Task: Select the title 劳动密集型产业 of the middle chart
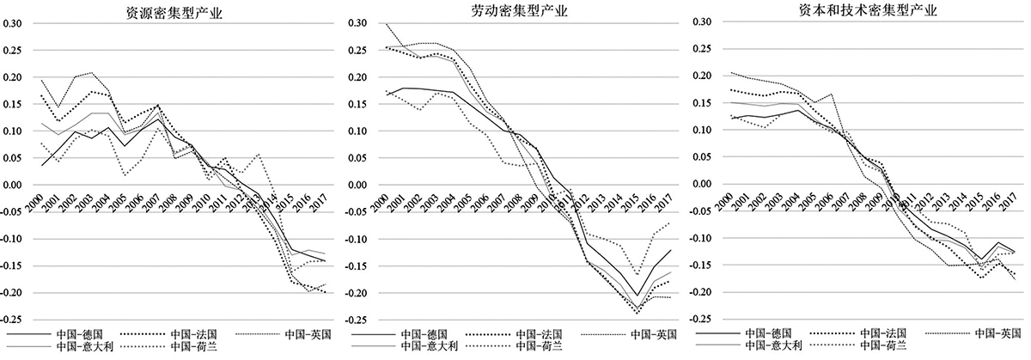pyautogui.click(x=520, y=11)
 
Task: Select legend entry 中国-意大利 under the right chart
pyautogui.click(x=772, y=346)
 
